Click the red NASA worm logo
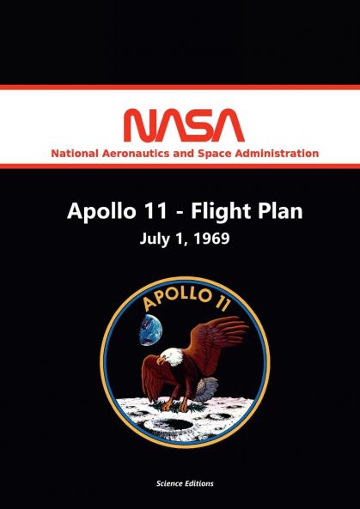(180, 125)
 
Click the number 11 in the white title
(149, 210)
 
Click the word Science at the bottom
(162, 483)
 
